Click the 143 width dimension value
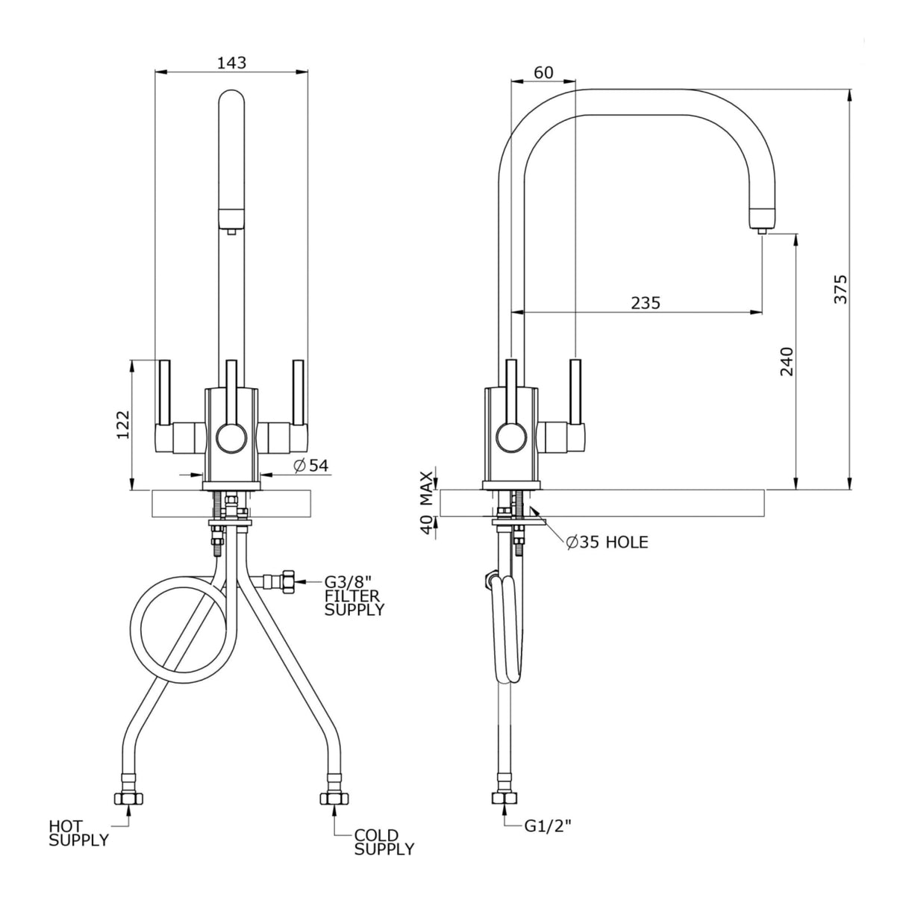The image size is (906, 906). coord(231,63)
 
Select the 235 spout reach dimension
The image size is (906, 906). coord(646,302)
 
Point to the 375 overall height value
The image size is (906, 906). coord(840,290)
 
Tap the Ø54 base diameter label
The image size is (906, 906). coord(310,466)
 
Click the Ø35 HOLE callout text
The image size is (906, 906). coord(607,543)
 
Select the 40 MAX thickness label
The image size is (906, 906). coord(426,502)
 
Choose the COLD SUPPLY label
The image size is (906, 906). coord(384,842)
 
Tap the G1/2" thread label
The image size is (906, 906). coord(548,825)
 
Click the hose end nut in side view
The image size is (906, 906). coord(505,799)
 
